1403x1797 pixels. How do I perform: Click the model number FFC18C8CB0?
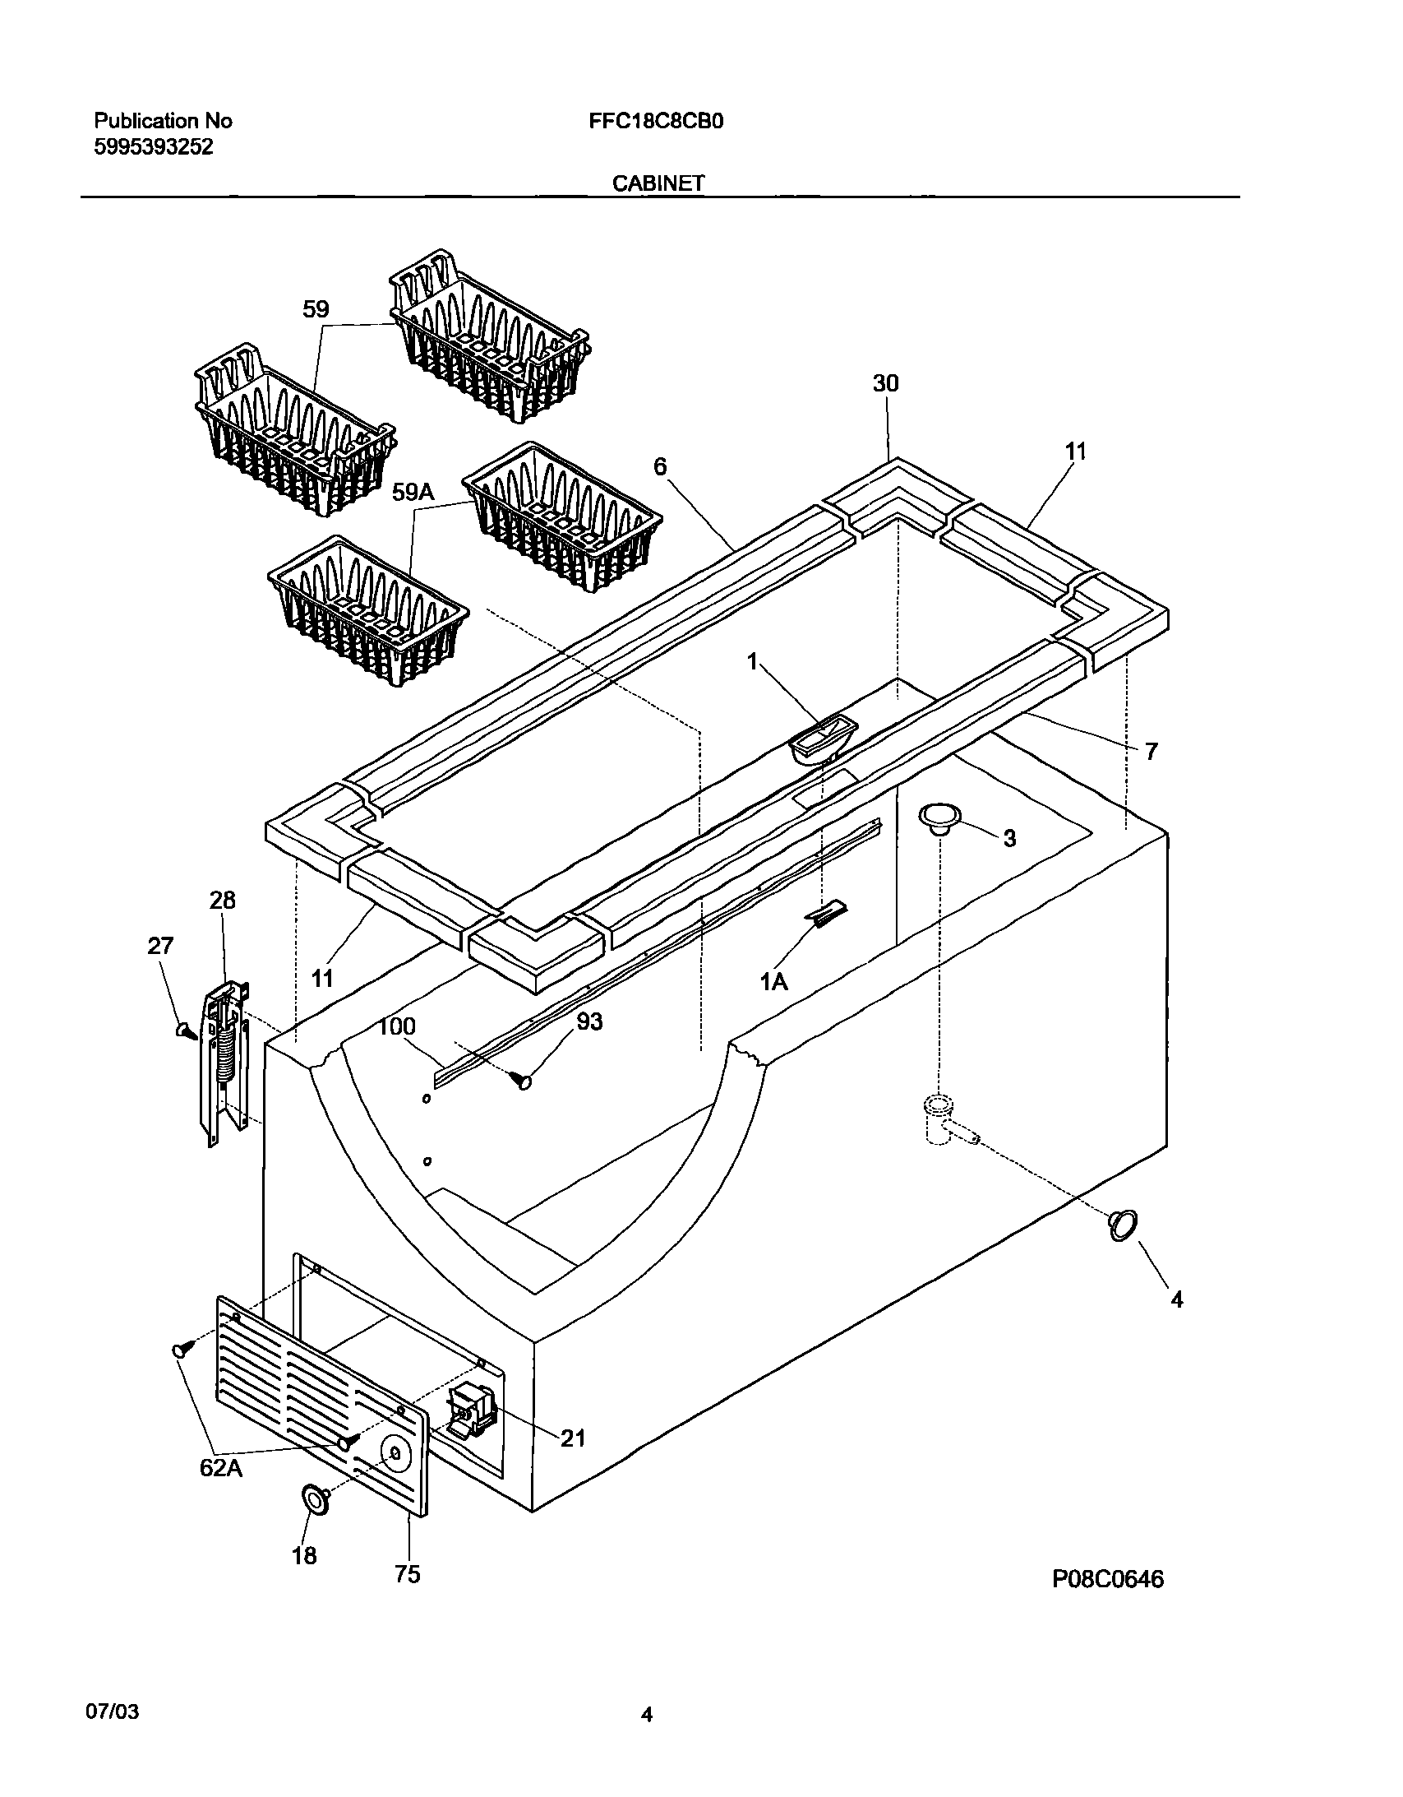pyautogui.click(x=655, y=122)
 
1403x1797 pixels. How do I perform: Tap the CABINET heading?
pyautogui.click(x=658, y=183)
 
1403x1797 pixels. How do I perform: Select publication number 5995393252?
pyautogui.click(x=154, y=147)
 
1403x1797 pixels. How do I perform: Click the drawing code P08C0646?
pyautogui.click(x=1107, y=1579)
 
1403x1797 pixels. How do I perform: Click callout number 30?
pyautogui.click(x=886, y=383)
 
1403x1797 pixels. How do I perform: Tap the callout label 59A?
pyautogui.click(x=413, y=492)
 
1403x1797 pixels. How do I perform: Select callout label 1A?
pyautogui.click(x=774, y=981)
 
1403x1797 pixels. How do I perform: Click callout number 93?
pyautogui.click(x=589, y=1021)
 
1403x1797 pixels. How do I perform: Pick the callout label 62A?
pyautogui.click(x=221, y=1467)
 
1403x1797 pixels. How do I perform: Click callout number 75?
pyautogui.click(x=408, y=1573)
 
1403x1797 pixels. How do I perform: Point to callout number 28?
pyautogui.click(x=222, y=901)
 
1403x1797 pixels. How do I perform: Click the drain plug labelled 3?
pyautogui.click(x=940, y=817)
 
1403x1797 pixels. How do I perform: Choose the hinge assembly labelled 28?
pyautogui.click(x=224, y=1062)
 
